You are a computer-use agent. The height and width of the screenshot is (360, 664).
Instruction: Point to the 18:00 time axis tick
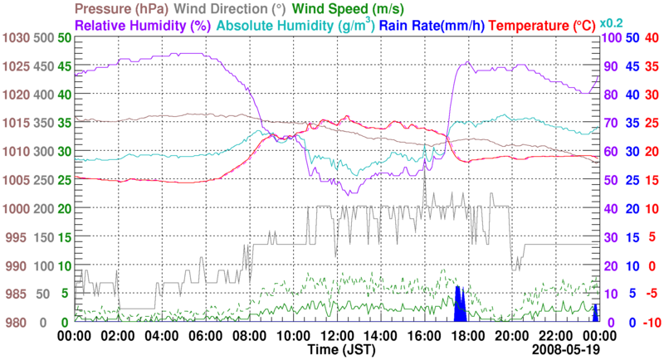point(468,336)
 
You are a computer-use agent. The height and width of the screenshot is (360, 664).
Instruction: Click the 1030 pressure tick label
point(16,38)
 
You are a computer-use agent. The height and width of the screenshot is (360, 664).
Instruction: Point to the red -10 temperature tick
point(650,323)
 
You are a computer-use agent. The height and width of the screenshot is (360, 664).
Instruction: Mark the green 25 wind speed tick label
point(62,180)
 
